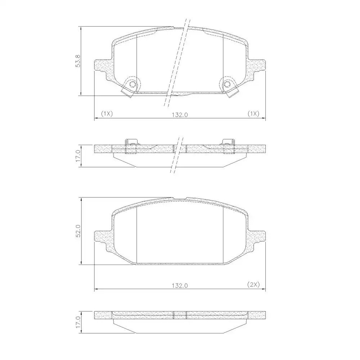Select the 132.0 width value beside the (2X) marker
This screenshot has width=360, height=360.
(180, 285)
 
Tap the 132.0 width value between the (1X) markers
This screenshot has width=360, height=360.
(180, 114)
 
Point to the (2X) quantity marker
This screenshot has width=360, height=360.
(253, 285)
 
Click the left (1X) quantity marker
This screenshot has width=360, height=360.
(107, 114)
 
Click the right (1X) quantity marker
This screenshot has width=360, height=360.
(253, 114)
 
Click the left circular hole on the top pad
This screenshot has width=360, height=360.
(132, 85)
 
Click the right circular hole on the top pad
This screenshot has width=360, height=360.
(227, 85)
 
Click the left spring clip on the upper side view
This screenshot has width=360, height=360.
(131, 146)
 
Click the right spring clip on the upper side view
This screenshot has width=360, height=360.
(229, 146)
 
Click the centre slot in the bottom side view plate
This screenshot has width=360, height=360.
(180, 315)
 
